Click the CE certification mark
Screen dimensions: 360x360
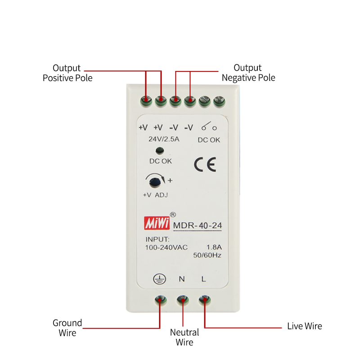coord(205,165)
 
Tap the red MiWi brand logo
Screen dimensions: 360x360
coord(157,223)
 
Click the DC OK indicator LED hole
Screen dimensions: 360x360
coord(159,151)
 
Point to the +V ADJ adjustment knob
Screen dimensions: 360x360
coord(156,182)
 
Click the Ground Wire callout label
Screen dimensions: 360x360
coord(67,328)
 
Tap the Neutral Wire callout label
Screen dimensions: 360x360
coord(184,337)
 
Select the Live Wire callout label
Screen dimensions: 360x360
coord(305,326)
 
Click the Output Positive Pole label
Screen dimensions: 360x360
coord(67,73)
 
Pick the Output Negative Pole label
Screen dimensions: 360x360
coord(248,73)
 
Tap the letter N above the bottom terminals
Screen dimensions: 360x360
coord(182,279)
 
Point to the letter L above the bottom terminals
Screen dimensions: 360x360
coord(203,279)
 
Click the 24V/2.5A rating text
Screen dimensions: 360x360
coord(164,139)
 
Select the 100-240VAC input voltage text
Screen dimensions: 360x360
coord(166,247)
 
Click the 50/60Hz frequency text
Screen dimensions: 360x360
coord(207,255)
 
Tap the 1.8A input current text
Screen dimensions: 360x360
coord(214,247)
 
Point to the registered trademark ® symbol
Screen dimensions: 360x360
coord(172,215)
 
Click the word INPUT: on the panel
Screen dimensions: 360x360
coord(157,239)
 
